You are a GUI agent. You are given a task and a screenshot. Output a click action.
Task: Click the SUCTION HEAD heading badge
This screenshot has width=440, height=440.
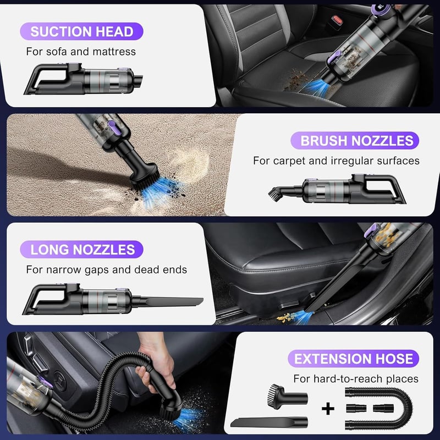81,31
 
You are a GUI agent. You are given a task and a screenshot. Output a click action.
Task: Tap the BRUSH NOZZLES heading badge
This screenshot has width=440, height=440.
355,141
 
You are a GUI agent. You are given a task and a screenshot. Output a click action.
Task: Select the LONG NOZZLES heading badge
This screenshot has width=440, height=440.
81,250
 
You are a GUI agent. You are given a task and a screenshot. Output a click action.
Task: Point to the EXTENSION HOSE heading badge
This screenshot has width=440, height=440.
353,359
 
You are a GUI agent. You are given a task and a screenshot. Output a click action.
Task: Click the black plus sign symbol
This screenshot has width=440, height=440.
328,409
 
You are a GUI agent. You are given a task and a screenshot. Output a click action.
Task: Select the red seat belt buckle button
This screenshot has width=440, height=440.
337,20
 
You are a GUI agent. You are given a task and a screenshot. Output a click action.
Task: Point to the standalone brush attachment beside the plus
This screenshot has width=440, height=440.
287,397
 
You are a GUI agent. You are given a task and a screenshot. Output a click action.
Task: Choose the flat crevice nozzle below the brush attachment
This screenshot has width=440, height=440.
269,422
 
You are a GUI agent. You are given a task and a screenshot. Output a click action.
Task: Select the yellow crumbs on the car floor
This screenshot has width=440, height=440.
286,317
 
